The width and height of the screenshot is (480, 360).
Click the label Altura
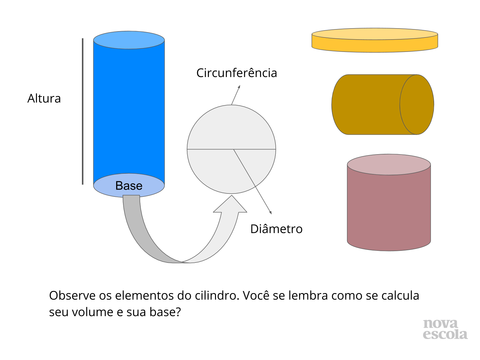pos(44,99)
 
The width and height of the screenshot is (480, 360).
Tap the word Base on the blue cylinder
pos(129,186)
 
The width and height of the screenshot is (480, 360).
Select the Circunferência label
pos(236,73)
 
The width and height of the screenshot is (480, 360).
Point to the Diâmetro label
pos(276,229)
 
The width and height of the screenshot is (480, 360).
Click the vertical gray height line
pos(82,111)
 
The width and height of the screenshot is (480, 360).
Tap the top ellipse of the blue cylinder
pos(129,40)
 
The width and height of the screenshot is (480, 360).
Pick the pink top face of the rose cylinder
pos(389,164)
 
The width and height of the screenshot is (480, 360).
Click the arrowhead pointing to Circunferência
pos(239,87)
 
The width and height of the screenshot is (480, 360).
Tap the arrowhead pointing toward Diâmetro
pos(270,212)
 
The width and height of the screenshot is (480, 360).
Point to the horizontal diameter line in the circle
pos(210,149)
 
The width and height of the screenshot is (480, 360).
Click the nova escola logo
pos(445,329)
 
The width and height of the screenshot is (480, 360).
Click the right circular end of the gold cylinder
pos(417,104)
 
